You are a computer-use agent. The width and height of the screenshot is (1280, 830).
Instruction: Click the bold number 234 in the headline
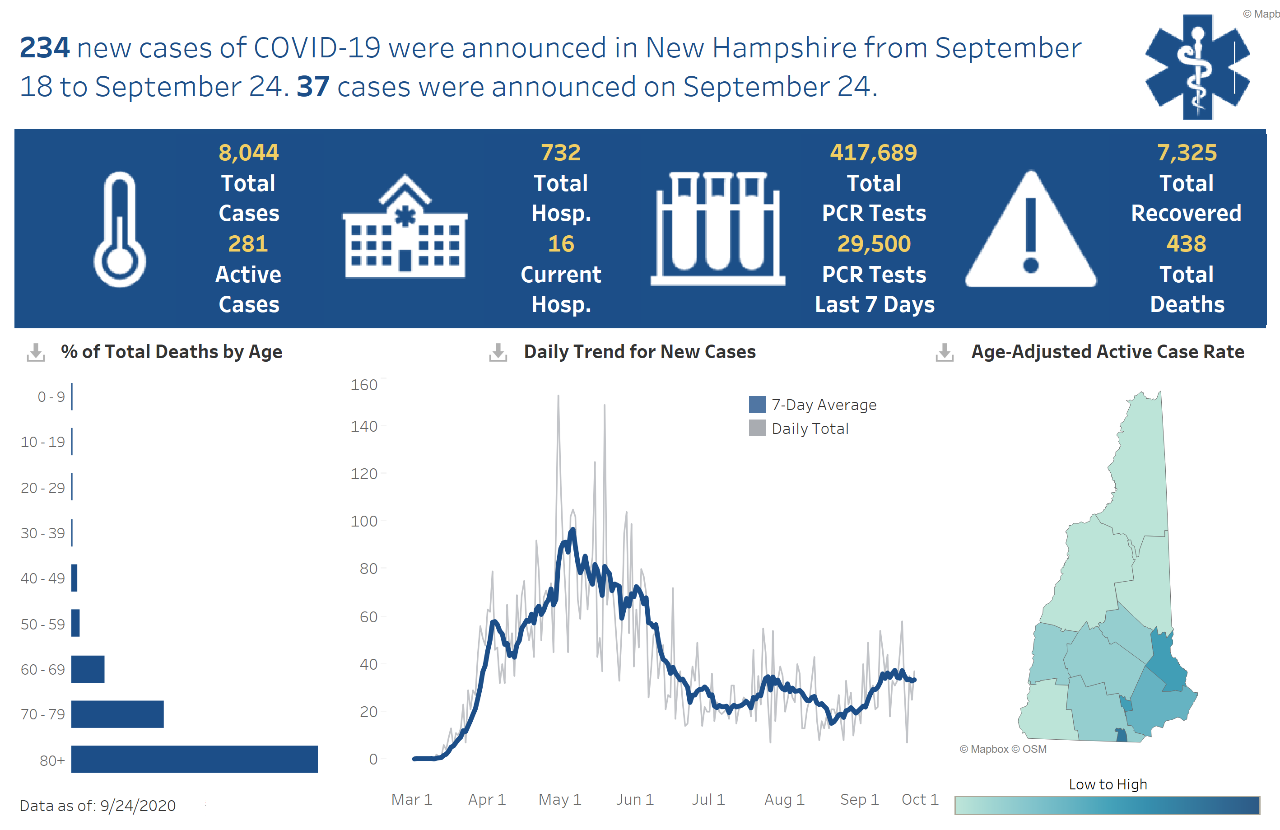coord(45,47)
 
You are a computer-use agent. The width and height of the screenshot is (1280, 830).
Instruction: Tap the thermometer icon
coord(119,230)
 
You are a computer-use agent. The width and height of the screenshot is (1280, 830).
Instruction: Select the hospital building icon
coord(405,228)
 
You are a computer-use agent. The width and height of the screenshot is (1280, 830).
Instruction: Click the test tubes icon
coord(717,228)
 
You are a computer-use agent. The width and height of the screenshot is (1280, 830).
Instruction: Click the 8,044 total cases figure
coord(248,153)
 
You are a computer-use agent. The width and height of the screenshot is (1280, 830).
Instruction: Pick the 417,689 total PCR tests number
coord(873,153)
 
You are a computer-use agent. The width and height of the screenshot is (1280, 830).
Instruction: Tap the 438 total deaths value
coord(1186,244)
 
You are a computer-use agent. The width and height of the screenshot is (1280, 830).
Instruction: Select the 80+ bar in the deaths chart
coord(194,759)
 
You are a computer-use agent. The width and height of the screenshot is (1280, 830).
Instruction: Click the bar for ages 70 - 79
coord(117,714)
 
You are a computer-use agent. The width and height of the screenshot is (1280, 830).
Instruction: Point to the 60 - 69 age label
coord(42,669)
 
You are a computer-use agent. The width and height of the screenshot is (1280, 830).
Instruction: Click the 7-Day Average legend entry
coord(813,405)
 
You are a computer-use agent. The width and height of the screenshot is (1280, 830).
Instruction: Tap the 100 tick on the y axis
coord(364,521)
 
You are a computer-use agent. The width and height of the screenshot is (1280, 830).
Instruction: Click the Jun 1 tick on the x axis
coord(635,799)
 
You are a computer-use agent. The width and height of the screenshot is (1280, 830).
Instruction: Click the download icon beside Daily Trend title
coord(498,352)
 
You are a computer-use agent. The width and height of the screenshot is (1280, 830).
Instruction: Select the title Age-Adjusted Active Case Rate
coord(1108,352)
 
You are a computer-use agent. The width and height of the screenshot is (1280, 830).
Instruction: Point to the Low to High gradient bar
coord(1107,805)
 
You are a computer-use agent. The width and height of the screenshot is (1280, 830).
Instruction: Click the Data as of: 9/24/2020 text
coord(98,805)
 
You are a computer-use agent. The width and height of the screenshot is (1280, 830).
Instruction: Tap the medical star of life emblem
coord(1197,67)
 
